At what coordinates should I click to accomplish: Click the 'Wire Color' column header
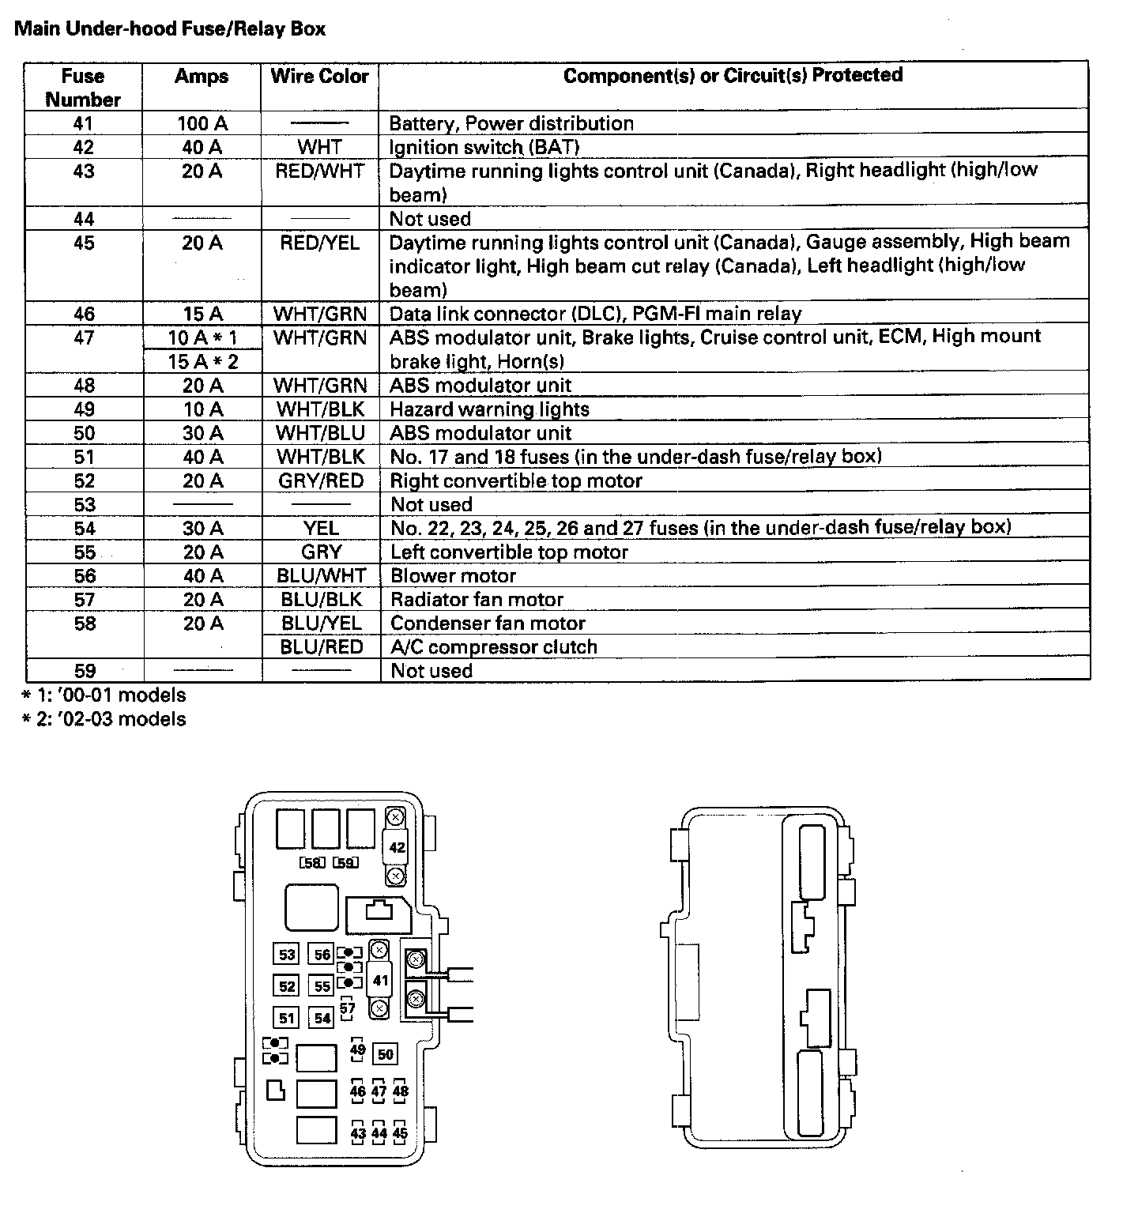point(319,77)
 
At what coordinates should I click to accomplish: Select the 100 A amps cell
point(202,123)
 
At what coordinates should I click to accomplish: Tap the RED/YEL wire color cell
point(319,243)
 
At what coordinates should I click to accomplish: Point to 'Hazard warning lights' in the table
point(489,409)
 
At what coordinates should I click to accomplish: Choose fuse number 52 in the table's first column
point(84,480)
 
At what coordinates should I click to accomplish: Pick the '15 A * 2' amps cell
point(202,362)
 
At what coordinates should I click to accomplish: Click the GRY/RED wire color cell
point(320,480)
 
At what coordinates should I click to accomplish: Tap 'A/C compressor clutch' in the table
point(493,647)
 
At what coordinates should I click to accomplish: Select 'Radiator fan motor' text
point(477,600)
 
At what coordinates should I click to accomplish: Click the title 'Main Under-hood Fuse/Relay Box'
point(170,29)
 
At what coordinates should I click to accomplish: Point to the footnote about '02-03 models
point(104,719)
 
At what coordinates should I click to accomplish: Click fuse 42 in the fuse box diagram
point(397,847)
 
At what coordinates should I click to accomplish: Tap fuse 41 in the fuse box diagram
point(380,980)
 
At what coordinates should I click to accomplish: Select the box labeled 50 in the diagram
point(385,1054)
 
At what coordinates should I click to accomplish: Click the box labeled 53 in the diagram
point(287,955)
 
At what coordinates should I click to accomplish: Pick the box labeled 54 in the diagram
point(322,1018)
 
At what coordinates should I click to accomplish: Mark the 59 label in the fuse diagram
point(345,863)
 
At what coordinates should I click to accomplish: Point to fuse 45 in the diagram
point(400,1133)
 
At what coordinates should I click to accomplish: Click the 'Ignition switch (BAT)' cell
point(484,148)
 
